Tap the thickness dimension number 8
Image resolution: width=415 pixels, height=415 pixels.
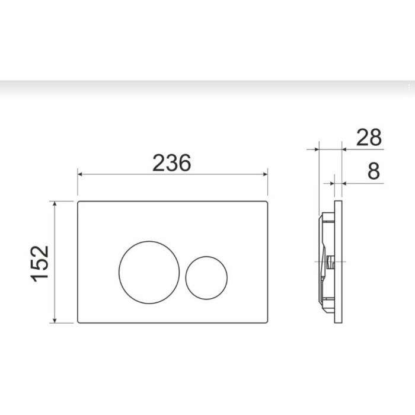pyautogui.click(x=373, y=171)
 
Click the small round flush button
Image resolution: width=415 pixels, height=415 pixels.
pyautogui.click(x=206, y=277)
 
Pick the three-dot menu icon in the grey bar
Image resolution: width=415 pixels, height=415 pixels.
pyautogui.click(x=408, y=87)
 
